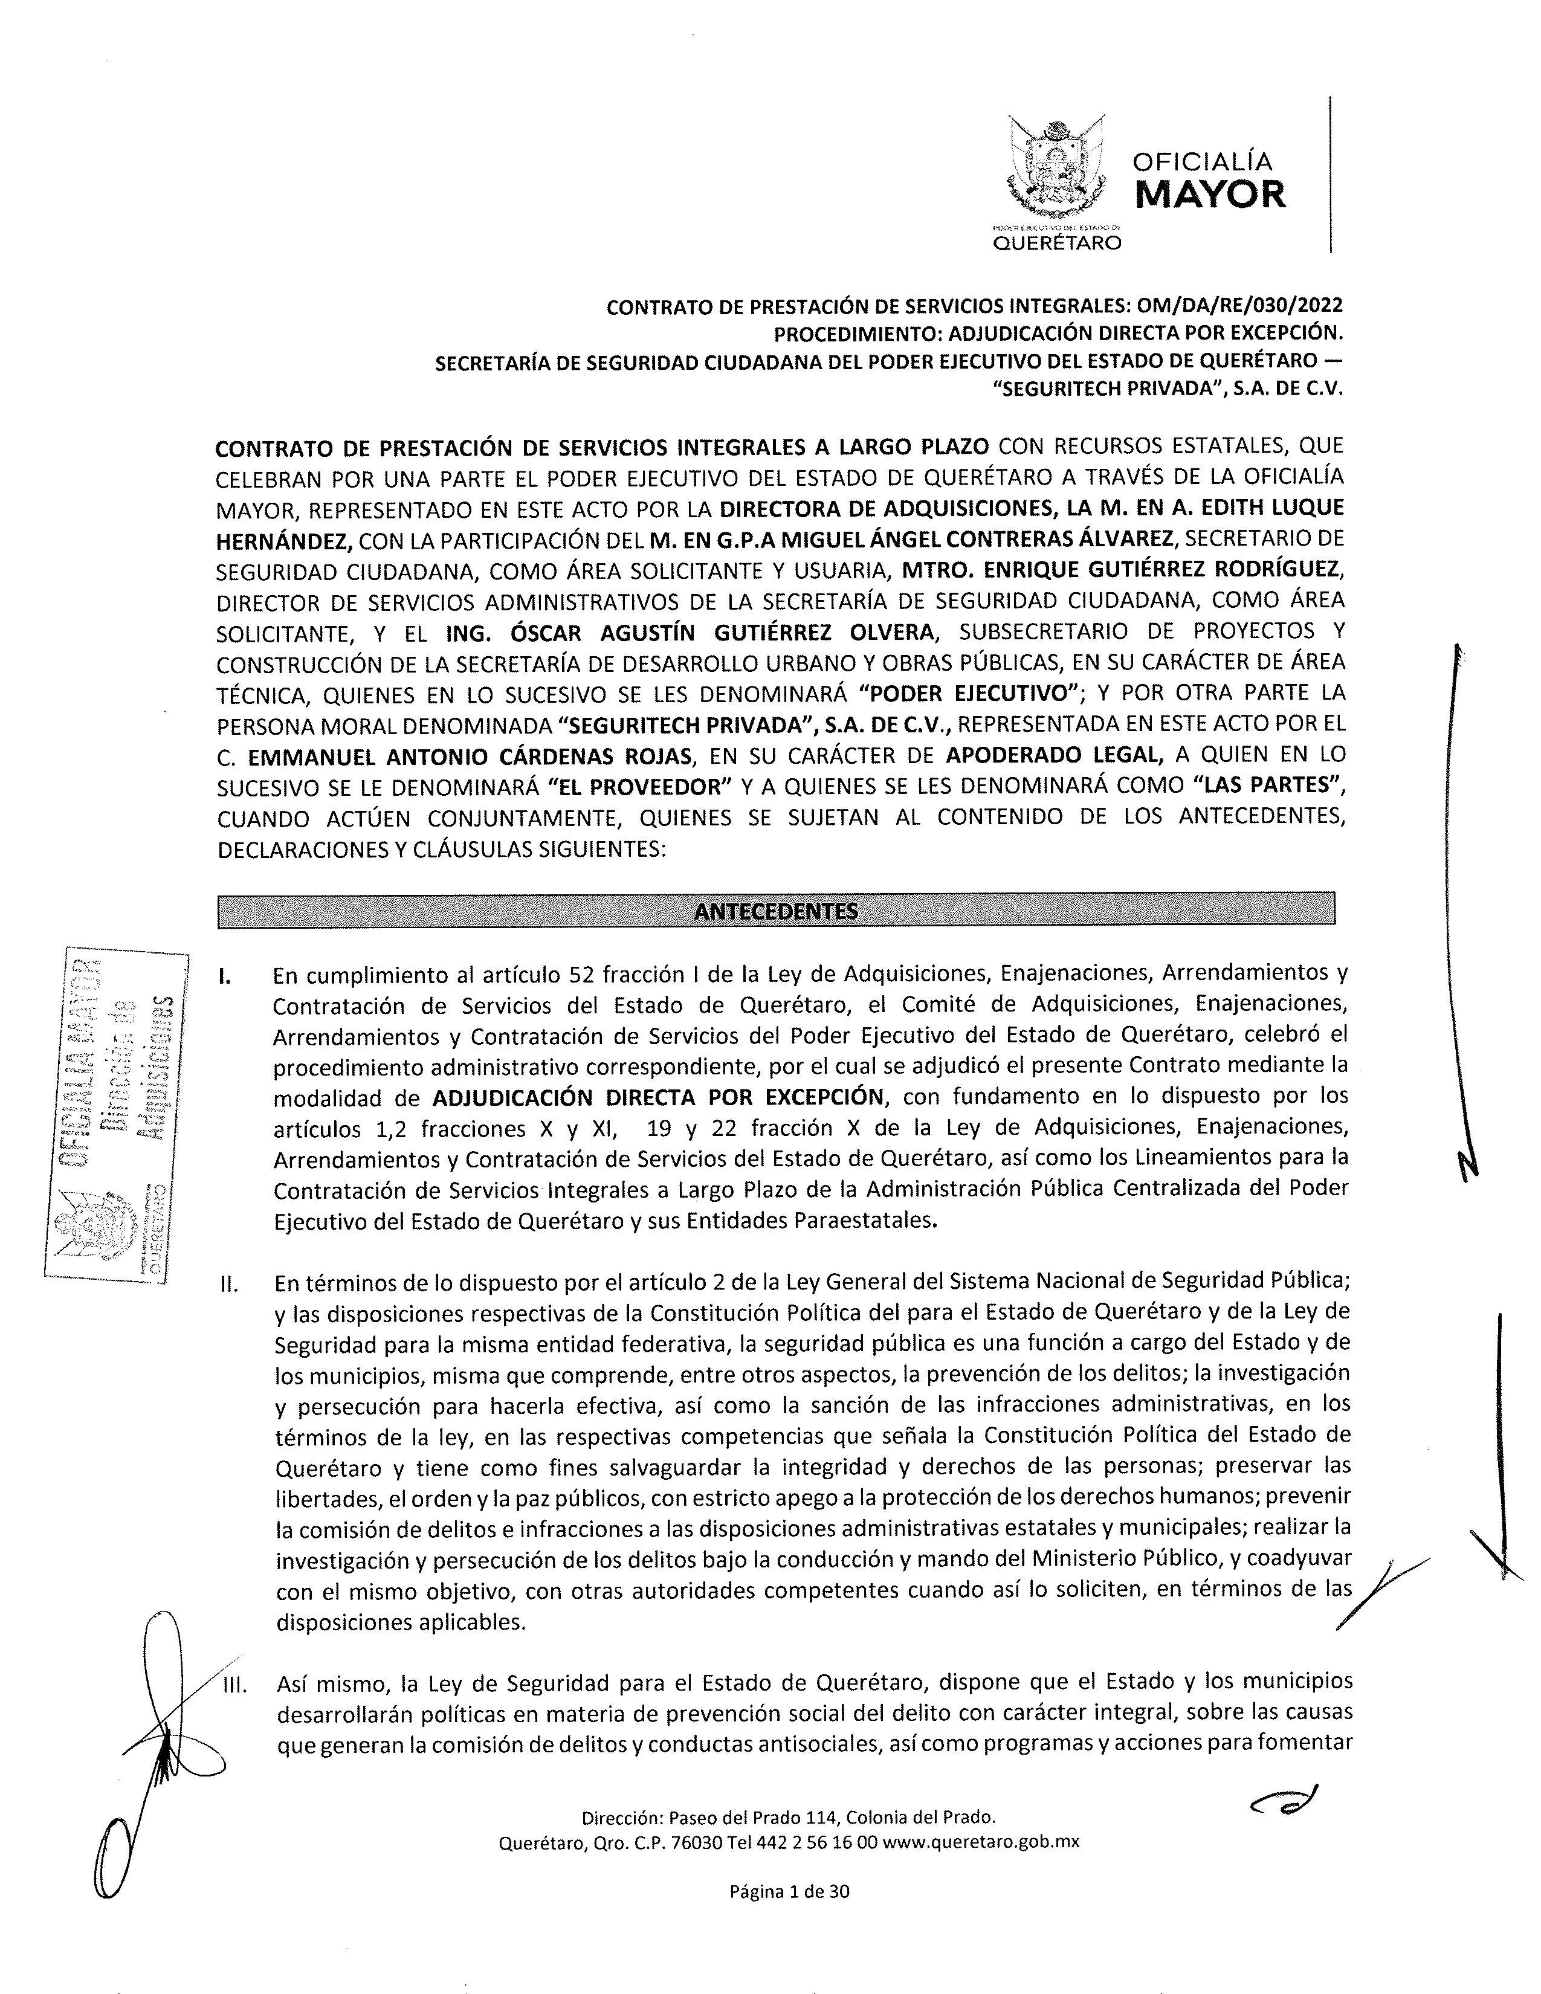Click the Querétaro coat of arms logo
click(1056, 169)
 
